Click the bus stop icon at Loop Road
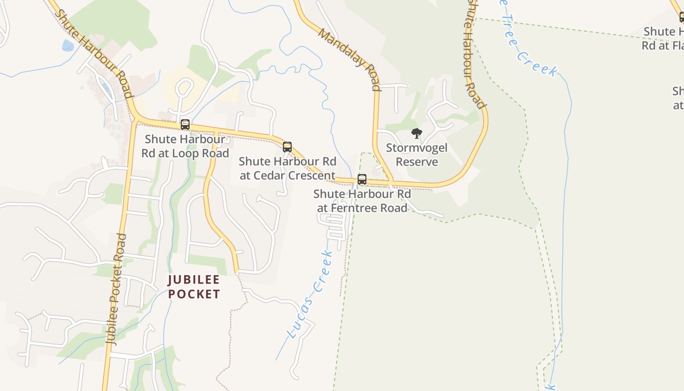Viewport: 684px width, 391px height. (185, 125)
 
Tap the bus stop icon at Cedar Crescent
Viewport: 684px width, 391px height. (287, 147)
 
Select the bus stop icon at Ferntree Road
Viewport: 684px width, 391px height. (362, 179)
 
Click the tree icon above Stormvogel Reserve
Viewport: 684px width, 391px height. (416, 133)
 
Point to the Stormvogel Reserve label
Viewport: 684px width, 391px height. (417, 154)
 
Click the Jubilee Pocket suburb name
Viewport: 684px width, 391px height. (194, 287)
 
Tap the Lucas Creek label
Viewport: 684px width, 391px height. (310, 295)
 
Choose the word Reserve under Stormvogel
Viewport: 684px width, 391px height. (417, 162)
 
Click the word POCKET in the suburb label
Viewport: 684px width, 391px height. (194, 294)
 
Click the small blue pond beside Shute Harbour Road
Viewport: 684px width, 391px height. (68, 45)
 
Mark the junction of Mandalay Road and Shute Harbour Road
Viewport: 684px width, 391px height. (392, 184)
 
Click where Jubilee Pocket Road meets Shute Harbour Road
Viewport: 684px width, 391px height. (136, 119)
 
